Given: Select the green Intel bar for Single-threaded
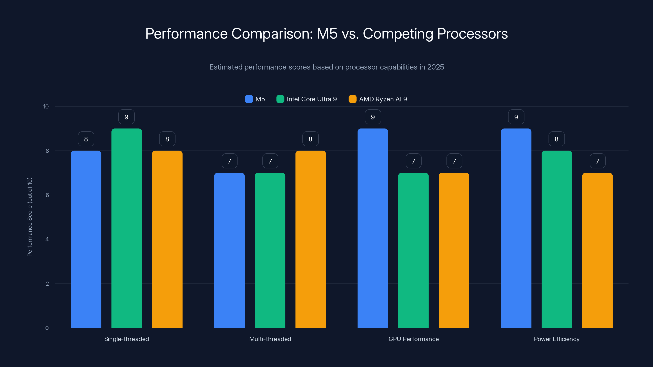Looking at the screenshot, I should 127,228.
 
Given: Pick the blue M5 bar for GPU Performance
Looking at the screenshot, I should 373,228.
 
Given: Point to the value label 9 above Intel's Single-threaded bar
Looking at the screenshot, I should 127,117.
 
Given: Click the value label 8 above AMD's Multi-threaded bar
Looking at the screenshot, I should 311,139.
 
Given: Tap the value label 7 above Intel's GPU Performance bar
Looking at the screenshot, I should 413,161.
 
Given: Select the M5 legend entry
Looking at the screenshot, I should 255,99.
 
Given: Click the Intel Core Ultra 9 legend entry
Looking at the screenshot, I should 307,99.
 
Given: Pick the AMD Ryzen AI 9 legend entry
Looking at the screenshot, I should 378,99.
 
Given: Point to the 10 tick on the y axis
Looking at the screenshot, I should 46,106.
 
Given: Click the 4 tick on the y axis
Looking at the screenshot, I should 47,239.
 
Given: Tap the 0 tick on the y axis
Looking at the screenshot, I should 47,328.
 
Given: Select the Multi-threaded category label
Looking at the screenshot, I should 270,339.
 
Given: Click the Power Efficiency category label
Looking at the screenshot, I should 557,339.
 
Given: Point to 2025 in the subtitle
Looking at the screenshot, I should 435,67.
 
